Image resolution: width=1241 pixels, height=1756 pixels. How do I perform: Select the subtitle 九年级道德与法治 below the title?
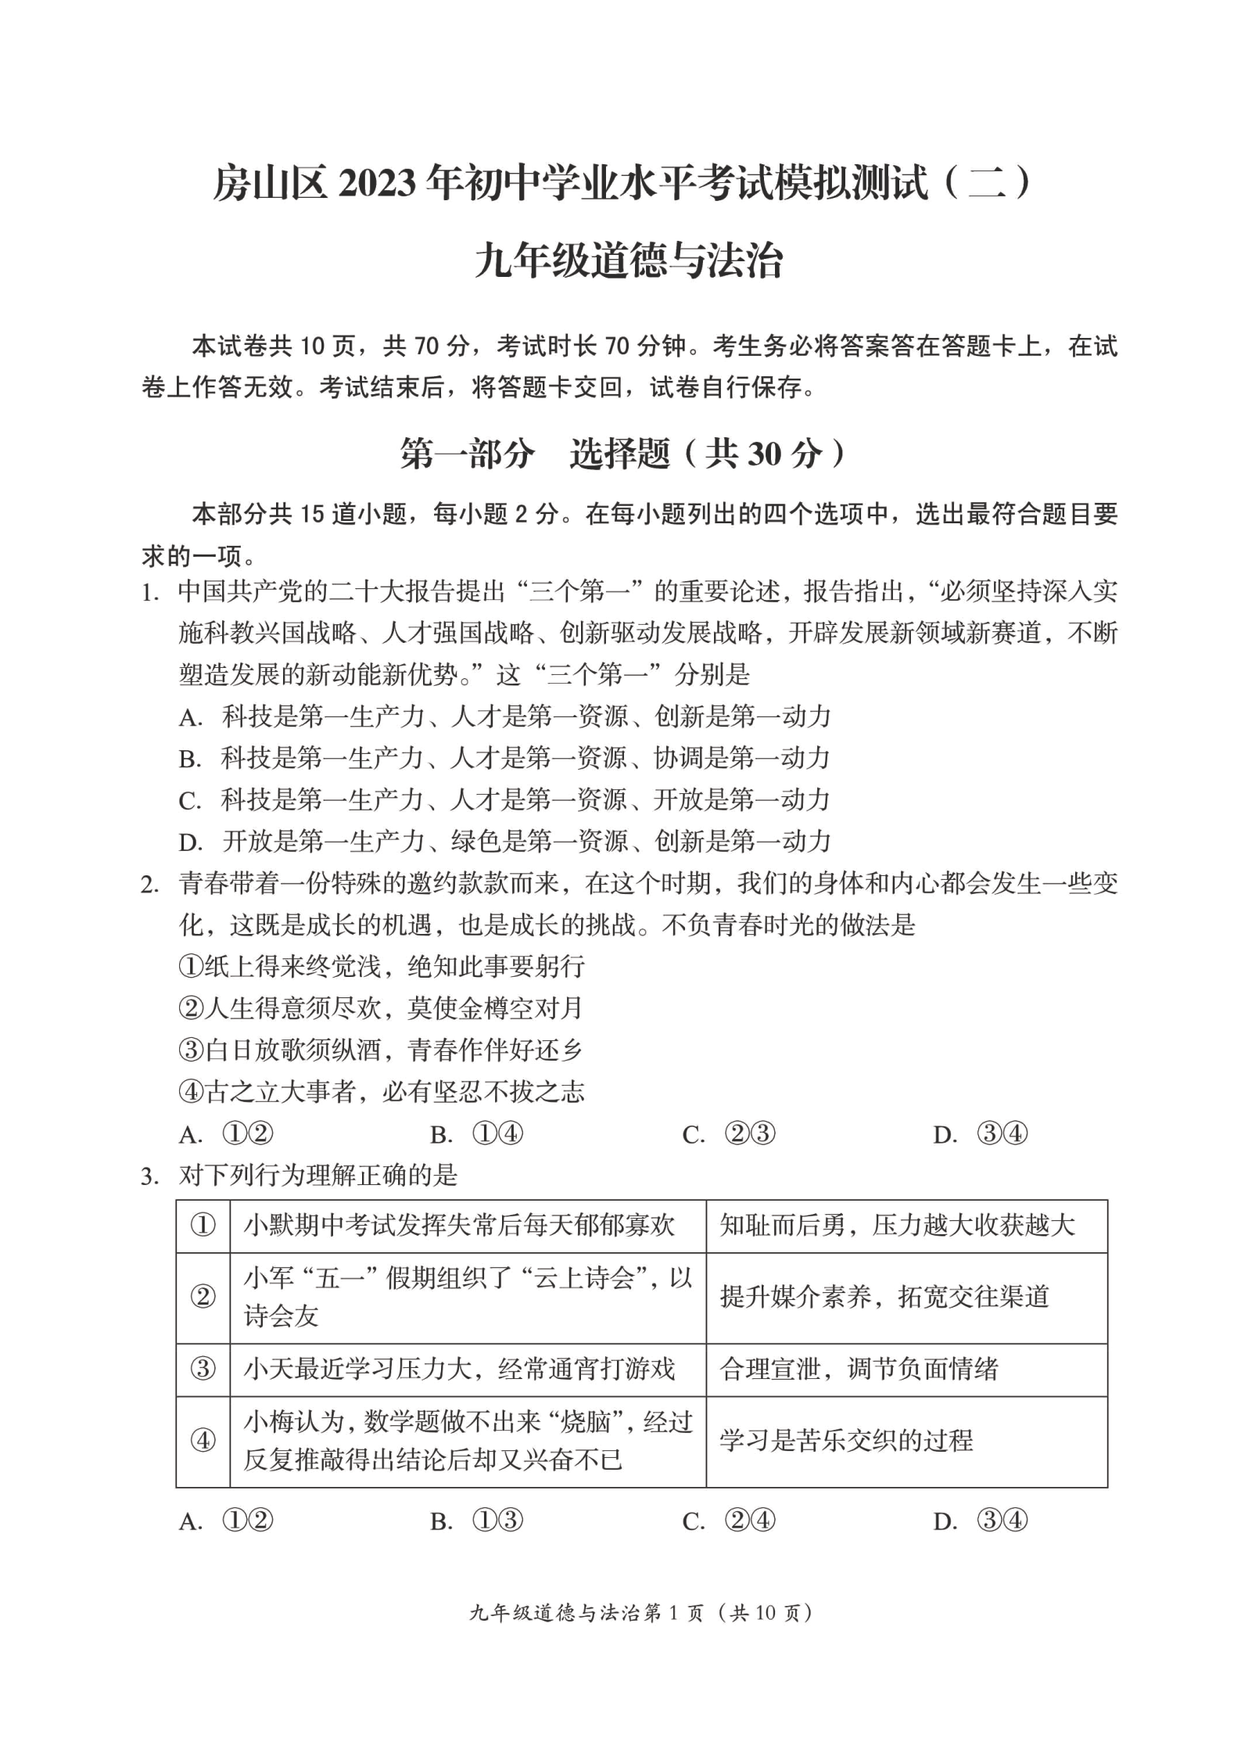pos(628,261)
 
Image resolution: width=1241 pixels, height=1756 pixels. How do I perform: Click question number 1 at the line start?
pos(149,593)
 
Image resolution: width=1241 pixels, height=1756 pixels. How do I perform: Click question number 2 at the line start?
pos(149,885)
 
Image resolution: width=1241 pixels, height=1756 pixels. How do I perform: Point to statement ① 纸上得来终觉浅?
pos(381,967)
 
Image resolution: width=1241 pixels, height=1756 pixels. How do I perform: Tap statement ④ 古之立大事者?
pos(381,1092)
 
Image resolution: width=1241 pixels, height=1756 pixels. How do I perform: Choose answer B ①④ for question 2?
pos(476,1134)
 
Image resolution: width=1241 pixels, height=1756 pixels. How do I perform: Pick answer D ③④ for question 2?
pos(980,1134)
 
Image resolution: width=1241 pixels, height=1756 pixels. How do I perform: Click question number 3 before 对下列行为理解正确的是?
pos(149,1176)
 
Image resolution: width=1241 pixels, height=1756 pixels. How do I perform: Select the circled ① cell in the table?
pos(203,1226)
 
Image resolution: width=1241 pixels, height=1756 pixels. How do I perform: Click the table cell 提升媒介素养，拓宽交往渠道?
pos(884,1297)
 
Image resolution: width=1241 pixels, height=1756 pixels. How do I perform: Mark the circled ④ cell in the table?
pos(203,1440)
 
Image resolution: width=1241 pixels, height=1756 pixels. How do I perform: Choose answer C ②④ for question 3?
pos(728,1521)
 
